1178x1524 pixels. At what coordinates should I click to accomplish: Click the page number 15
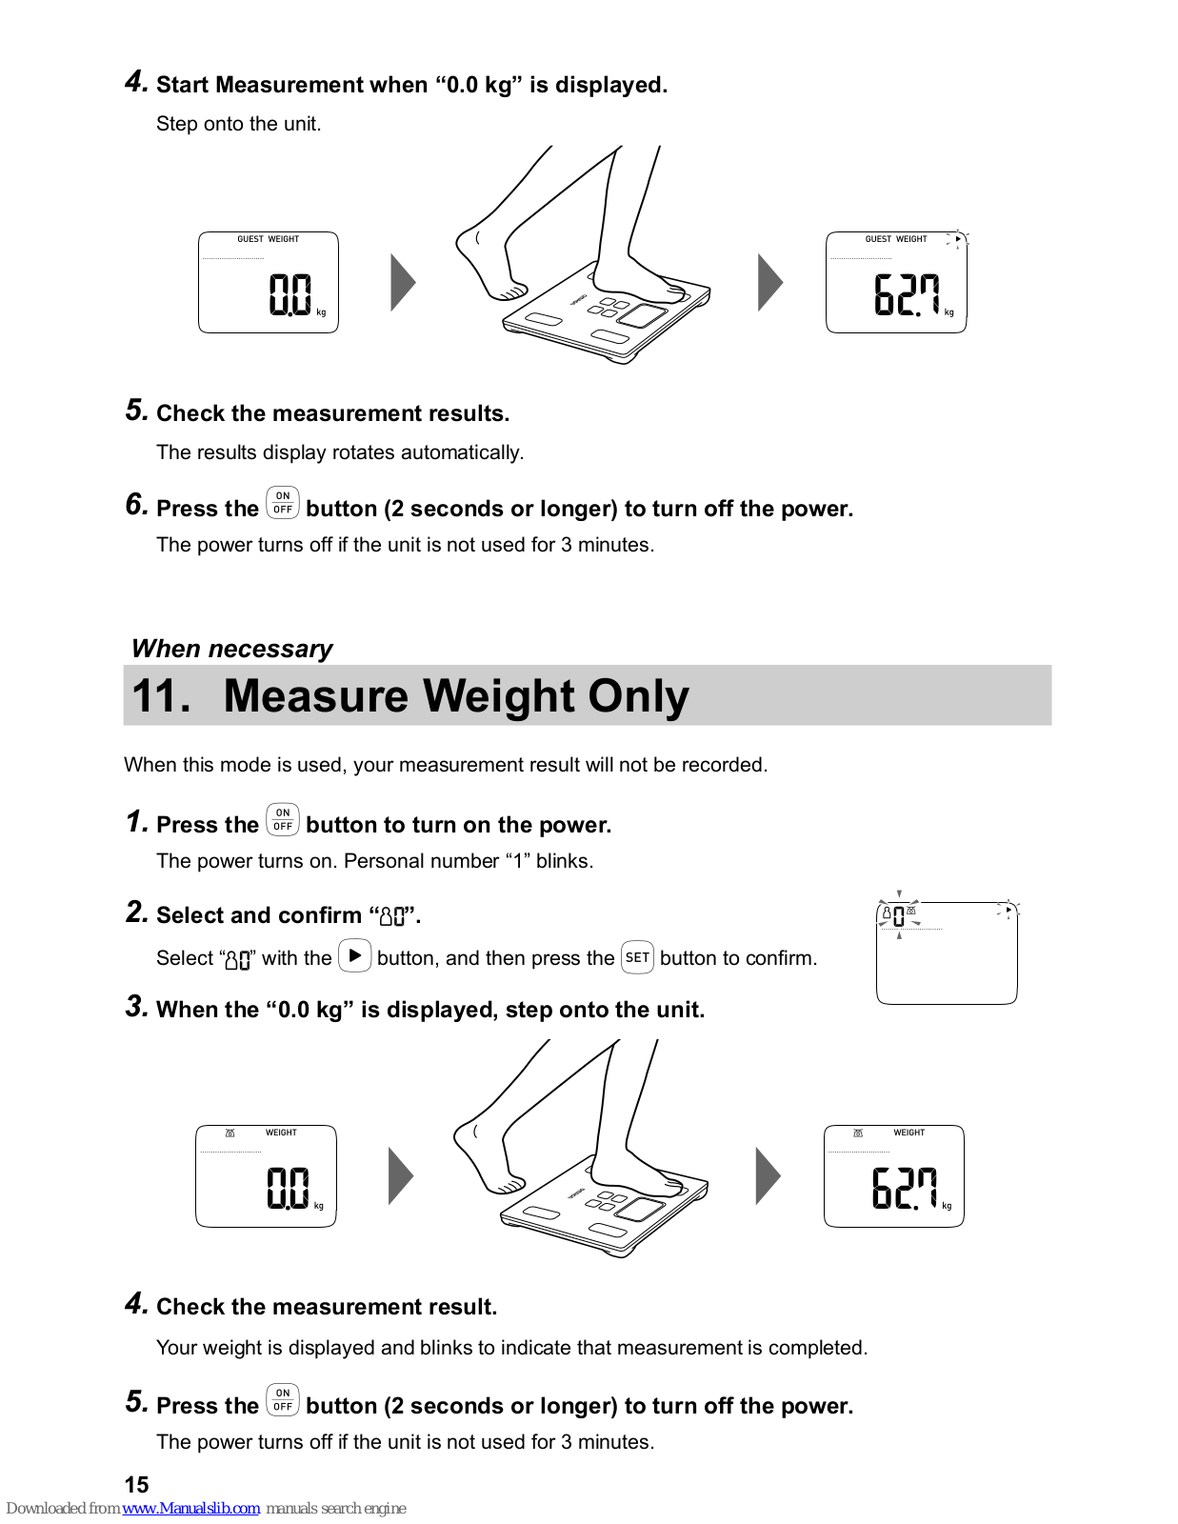point(136,1484)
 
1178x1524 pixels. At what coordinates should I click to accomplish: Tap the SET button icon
point(637,957)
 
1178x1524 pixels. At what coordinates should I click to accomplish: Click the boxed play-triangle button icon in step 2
point(355,955)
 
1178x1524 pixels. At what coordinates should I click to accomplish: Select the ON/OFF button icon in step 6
point(283,503)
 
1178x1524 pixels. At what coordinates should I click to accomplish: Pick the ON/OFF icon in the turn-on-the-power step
point(283,820)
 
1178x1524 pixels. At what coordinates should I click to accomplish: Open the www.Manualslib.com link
point(190,1508)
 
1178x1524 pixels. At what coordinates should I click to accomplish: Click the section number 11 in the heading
point(161,695)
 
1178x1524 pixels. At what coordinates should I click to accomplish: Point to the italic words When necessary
point(232,649)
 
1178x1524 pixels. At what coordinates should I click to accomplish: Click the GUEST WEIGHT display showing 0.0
point(269,282)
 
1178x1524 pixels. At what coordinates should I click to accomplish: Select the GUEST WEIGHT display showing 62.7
point(896,282)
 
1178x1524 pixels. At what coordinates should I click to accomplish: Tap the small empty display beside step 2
point(947,952)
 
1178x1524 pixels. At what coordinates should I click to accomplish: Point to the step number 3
point(136,1006)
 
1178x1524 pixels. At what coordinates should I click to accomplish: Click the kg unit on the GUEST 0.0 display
point(321,312)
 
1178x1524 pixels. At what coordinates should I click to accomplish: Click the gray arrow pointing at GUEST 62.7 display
point(769,282)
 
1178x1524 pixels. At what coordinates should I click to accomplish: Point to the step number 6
point(136,504)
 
